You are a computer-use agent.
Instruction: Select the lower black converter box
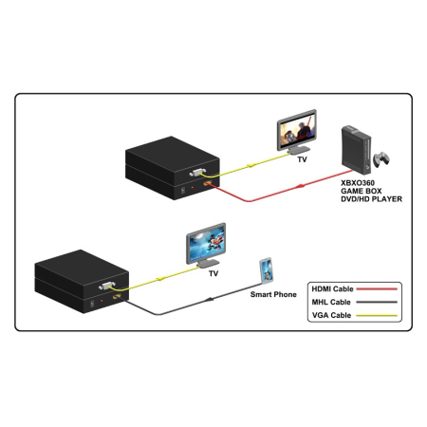tap(77, 276)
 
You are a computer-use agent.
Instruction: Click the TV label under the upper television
tap(303, 160)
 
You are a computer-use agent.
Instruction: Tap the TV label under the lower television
tap(214, 273)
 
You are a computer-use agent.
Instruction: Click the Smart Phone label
tap(273, 295)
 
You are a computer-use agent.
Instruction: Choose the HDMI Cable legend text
tap(333, 288)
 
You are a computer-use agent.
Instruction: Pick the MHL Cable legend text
tap(331, 302)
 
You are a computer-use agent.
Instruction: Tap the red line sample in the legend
tap(381, 288)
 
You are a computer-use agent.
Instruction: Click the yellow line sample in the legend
tap(381, 315)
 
